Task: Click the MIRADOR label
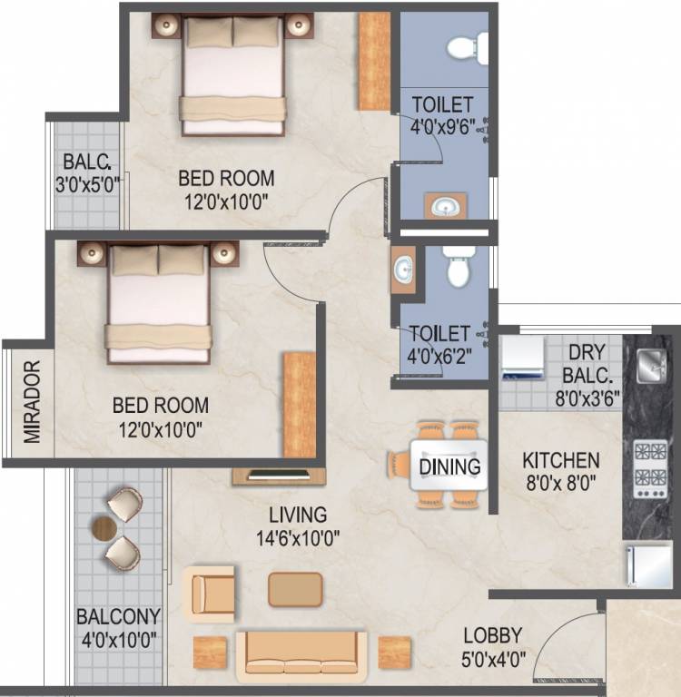(x=32, y=402)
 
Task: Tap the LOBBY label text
(x=492, y=635)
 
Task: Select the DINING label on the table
(x=449, y=466)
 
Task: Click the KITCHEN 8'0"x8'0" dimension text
(x=561, y=483)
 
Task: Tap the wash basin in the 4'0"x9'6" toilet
(x=445, y=206)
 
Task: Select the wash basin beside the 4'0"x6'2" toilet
(x=403, y=270)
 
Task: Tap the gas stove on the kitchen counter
(x=650, y=469)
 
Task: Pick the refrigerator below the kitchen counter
(x=649, y=565)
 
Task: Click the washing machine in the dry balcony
(x=523, y=358)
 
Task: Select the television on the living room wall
(x=279, y=475)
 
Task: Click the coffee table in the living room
(x=295, y=590)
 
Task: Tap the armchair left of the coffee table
(x=210, y=594)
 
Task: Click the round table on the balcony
(x=104, y=528)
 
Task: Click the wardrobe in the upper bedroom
(x=374, y=62)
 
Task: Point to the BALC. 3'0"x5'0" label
(x=87, y=174)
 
